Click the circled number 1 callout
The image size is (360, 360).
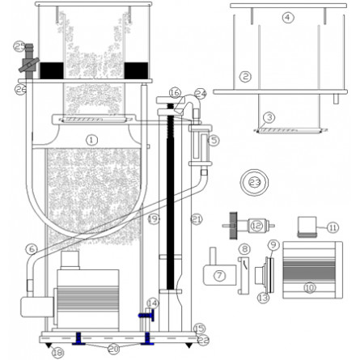coord(92,139)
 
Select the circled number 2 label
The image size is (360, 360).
coord(245,77)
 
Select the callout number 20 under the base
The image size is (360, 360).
coord(113,349)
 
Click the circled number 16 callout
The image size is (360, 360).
coord(175,94)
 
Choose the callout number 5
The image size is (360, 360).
coord(214,139)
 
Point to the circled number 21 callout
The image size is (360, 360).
coord(194,219)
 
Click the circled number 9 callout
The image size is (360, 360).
coord(273,244)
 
